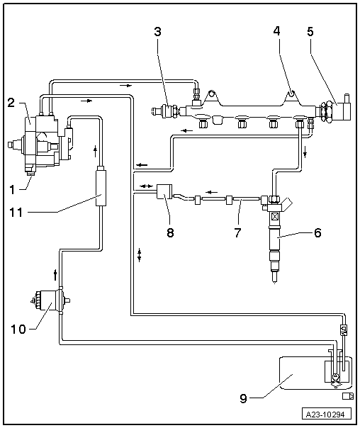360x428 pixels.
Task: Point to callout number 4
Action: click(276, 31)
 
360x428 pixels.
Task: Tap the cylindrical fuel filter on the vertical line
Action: click(101, 188)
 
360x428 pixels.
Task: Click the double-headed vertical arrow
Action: click(140, 256)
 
